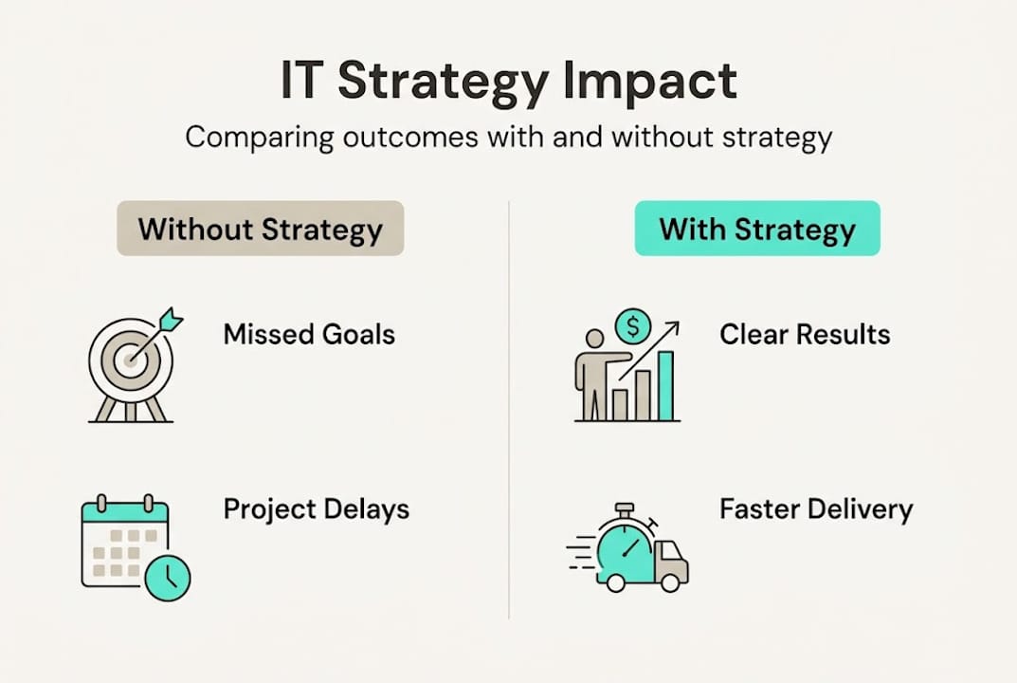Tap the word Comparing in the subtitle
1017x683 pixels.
click(260, 138)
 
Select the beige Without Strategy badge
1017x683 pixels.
click(260, 228)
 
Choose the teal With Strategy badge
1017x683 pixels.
click(757, 228)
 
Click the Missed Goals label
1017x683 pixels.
click(309, 334)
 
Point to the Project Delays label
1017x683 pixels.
click(317, 509)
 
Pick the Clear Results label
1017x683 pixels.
click(805, 334)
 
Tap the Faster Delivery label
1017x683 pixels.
click(816, 509)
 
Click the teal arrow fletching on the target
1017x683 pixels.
click(171, 320)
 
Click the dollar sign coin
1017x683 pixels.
click(633, 326)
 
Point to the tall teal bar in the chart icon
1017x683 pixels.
click(665, 386)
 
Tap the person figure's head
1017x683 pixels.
click(594, 339)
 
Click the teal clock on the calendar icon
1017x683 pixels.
click(168, 577)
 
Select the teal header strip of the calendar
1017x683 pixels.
click(125, 512)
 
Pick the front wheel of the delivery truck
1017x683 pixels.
click(670, 582)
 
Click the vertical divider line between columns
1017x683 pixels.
click(509, 410)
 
